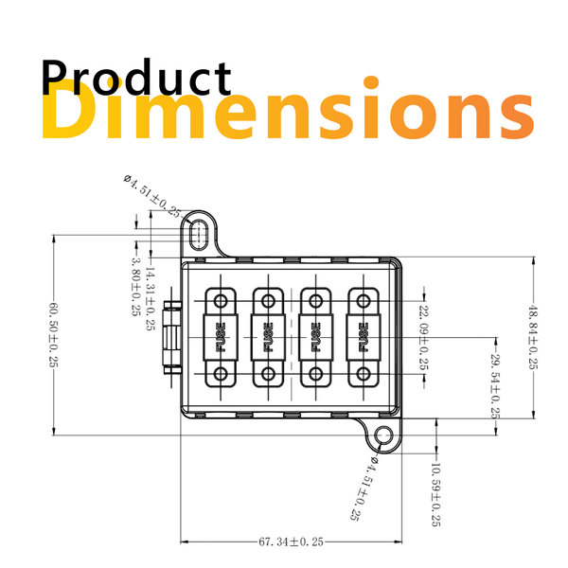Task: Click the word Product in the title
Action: click(x=136, y=77)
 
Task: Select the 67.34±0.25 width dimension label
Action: click(x=292, y=541)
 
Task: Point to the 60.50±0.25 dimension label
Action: click(x=54, y=335)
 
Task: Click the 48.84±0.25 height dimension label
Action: click(x=533, y=337)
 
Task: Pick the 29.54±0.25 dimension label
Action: click(x=495, y=385)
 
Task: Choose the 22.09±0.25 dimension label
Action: click(x=424, y=338)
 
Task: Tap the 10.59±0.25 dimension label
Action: click(x=435, y=494)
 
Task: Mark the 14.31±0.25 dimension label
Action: click(x=150, y=298)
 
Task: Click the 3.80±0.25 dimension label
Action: click(x=136, y=286)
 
